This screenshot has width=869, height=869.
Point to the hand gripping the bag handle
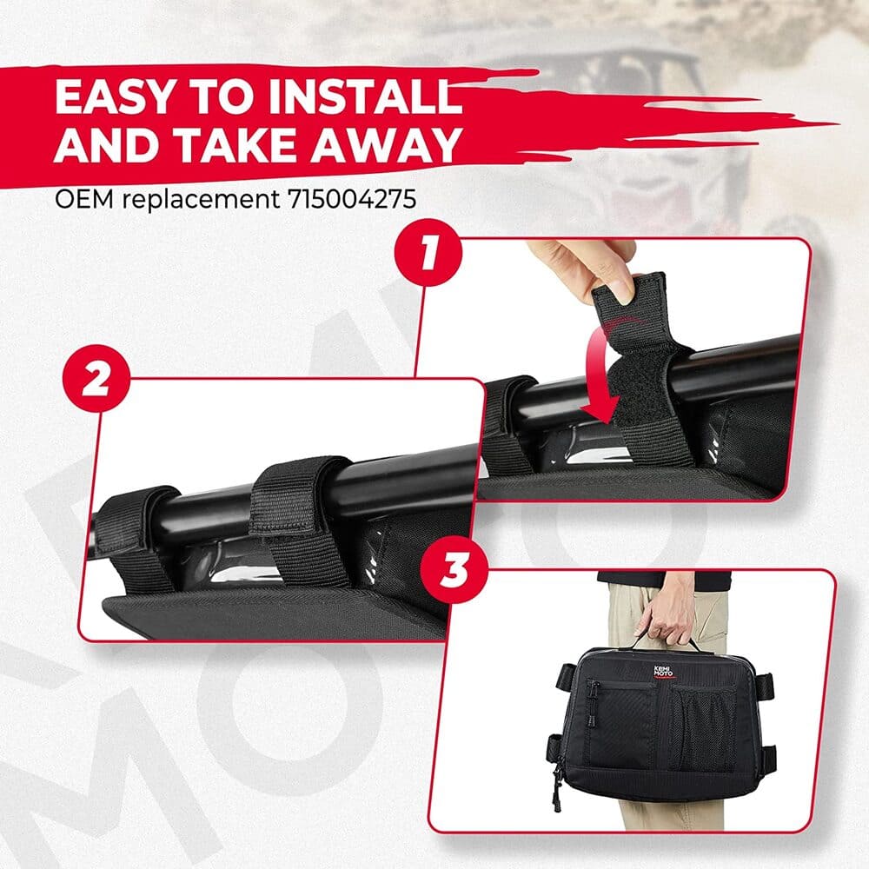tap(667, 618)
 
